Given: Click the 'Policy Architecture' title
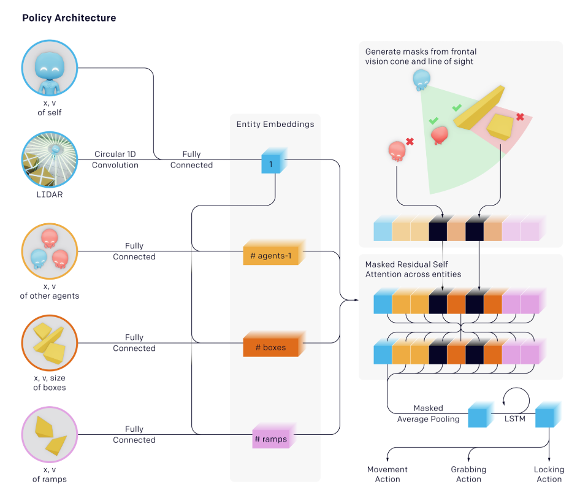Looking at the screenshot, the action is pyautogui.click(x=69, y=18).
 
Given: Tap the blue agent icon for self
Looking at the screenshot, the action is pyautogui.click(x=50, y=68).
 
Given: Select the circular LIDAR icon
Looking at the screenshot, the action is pyautogui.click(x=50, y=159).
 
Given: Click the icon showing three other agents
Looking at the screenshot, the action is pyautogui.click(x=50, y=251).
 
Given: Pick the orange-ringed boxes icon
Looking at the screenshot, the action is pyautogui.click(x=50, y=343).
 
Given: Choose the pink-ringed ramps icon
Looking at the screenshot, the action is pyautogui.click(x=50, y=435).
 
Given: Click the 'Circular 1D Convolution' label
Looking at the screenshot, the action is pyautogui.click(x=115, y=159).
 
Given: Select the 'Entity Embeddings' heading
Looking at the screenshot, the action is pyautogui.click(x=275, y=124).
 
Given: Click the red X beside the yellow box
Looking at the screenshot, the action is pyautogui.click(x=520, y=117).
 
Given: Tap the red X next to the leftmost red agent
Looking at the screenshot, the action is pyautogui.click(x=410, y=141).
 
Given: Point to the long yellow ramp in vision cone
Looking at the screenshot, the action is pyautogui.click(x=479, y=107).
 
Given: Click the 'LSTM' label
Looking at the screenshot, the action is pyautogui.click(x=515, y=418).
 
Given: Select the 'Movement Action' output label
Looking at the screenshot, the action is pyautogui.click(x=387, y=474).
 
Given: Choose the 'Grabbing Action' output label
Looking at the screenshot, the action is pyautogui.click(x=468, y=474).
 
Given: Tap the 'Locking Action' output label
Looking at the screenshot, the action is pyautogui.click(x=549, y=474).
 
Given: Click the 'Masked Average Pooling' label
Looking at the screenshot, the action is pyautogui.click(x=429, y=413).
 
